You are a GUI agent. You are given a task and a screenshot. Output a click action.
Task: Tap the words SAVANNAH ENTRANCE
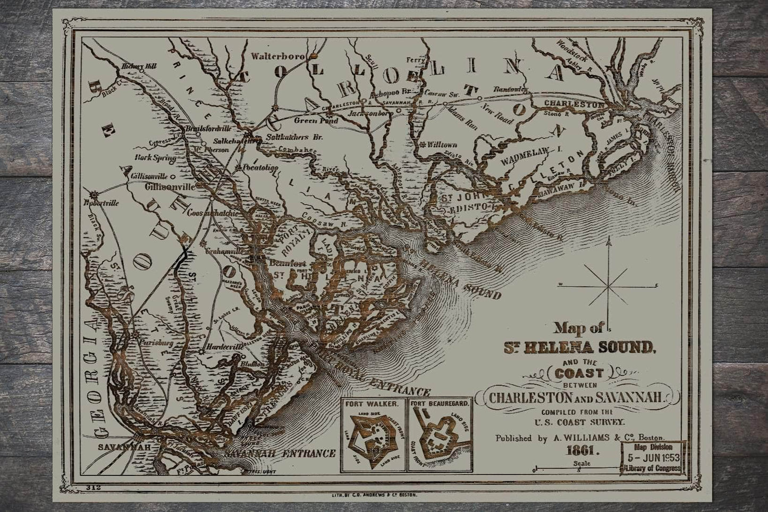(x=280, y=454)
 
